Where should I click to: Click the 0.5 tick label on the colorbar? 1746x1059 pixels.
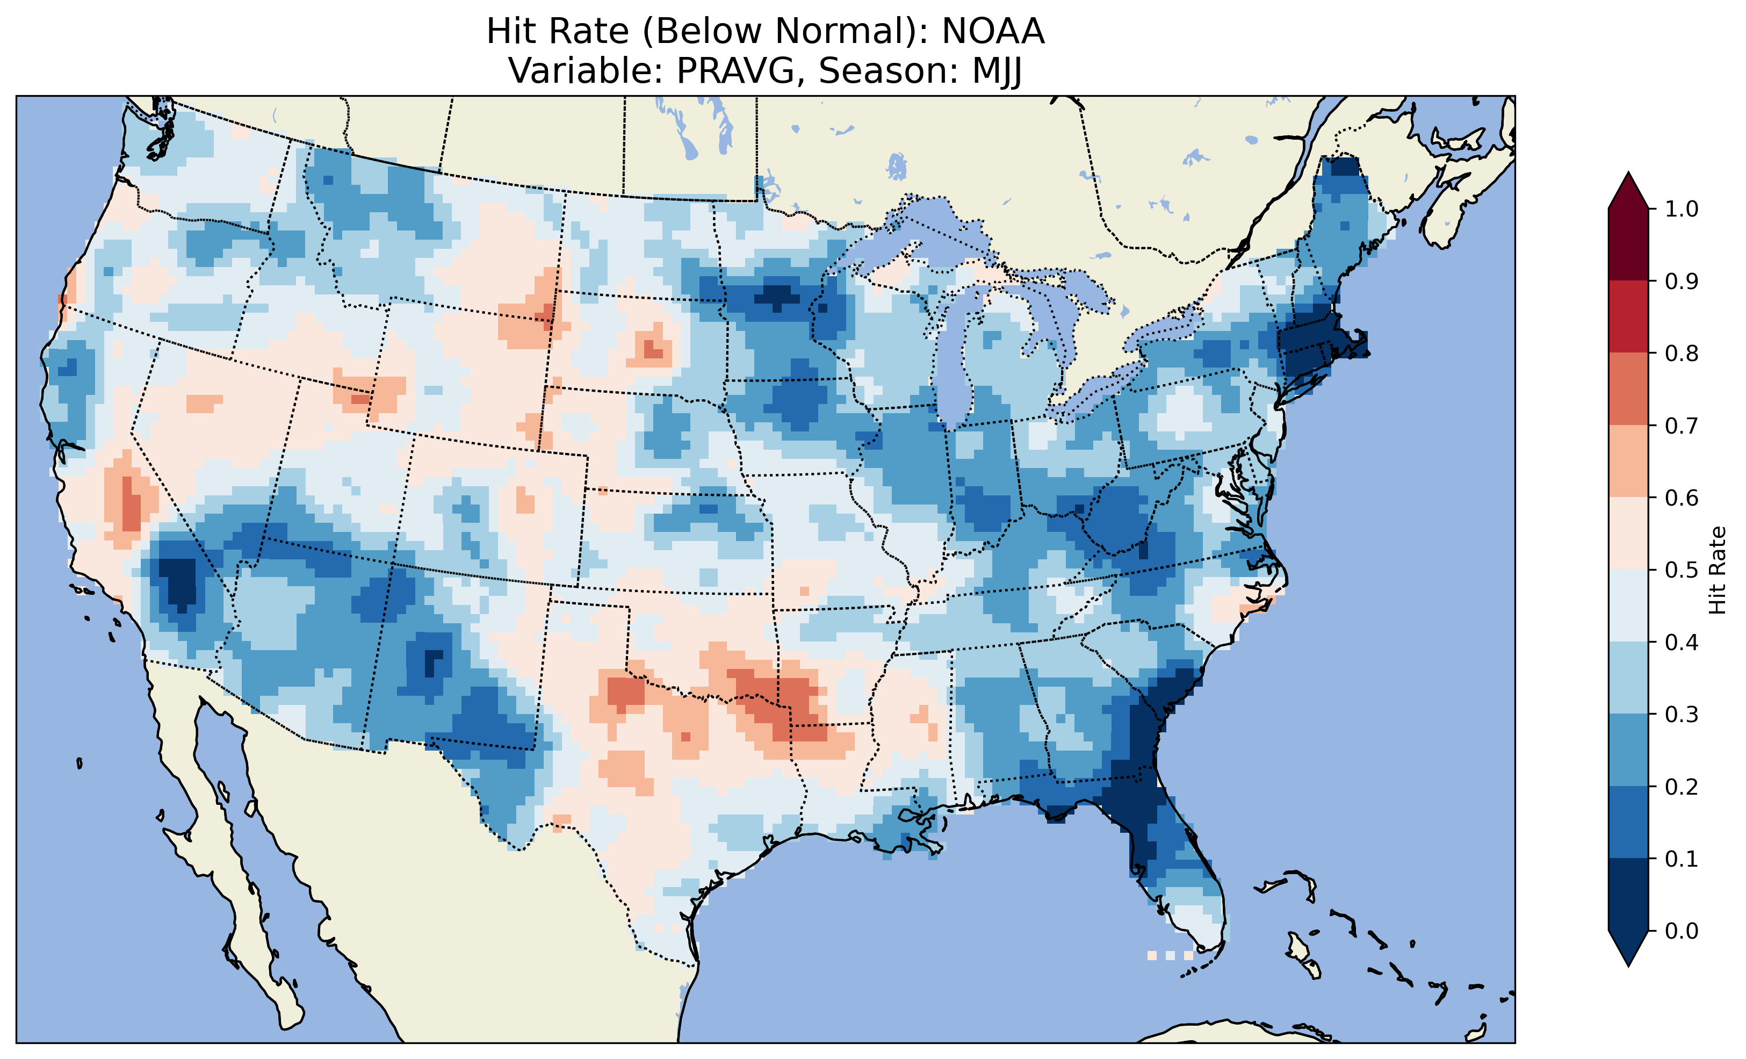pos(1682,570)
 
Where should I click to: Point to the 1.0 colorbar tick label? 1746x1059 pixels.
pos(1682,209)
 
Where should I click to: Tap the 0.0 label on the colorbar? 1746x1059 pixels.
pos(1682,931)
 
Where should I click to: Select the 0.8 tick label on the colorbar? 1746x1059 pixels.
pos(1682,353)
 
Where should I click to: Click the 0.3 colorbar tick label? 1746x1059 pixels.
pos(1682,715)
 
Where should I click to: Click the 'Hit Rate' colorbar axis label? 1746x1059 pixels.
pos(1717,570)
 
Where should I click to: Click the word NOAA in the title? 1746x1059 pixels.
pos(993,32)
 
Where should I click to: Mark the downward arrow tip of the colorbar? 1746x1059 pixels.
pos(1628,964)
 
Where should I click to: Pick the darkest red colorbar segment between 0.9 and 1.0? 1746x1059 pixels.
pos(1628,244)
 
